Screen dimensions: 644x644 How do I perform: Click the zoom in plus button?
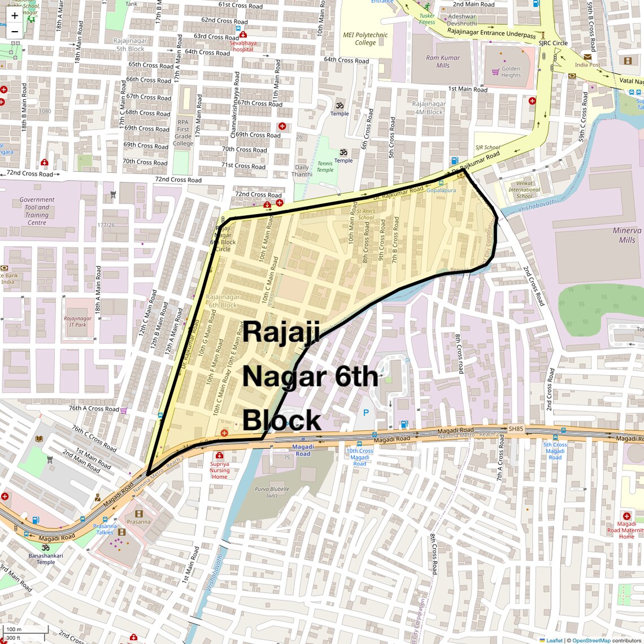click(x=15, y=16)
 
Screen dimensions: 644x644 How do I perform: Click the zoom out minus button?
click(x=15, y=32)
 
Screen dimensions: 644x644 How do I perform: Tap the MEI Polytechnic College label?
click(x=365, y=38)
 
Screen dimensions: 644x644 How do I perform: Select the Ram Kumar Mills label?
click(x=443, y=61)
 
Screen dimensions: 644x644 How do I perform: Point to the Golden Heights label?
click(x=511, y=72)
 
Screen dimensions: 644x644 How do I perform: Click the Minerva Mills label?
click(x=627, y=235)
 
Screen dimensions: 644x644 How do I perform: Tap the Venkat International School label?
click(x=524, y=189)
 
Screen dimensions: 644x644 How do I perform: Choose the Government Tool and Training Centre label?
click(x=37, y=211)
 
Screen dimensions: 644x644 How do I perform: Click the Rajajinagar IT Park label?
click(x=78, y=321)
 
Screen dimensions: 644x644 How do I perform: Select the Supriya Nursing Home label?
click(x=220, y=470)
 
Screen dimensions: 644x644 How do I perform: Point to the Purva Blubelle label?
click(x=272, y=492)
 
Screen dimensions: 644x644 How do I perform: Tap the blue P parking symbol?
click(x=366, y=414)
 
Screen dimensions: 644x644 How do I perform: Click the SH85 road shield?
click(x=516, y=429)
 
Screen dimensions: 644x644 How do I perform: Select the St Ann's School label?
click(x=365, y=214)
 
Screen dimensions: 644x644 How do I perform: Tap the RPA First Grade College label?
click(x=183, y=133)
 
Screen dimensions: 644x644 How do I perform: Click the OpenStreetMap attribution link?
click(x=591, y=640)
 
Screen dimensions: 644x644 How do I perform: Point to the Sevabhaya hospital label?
click(x=244, y=46)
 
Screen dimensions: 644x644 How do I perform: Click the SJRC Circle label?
click(x=553, y=43)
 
